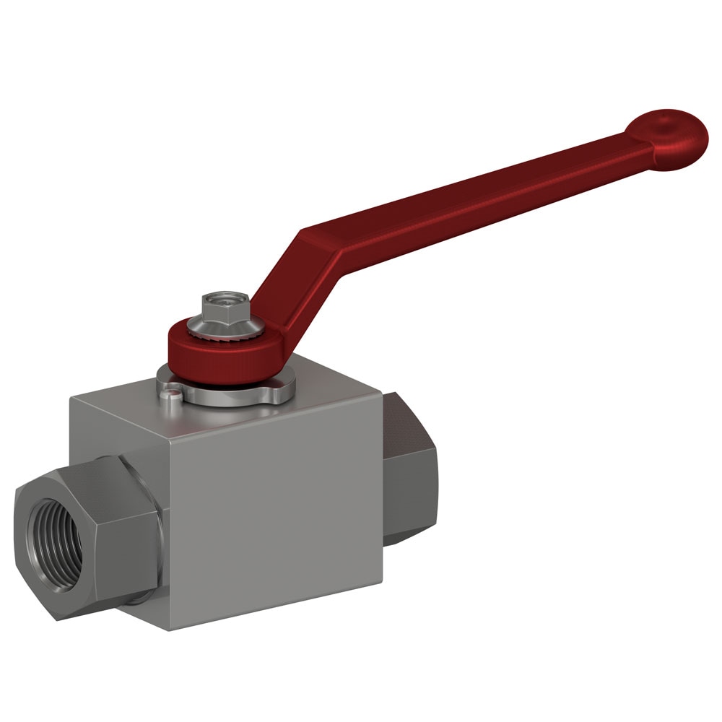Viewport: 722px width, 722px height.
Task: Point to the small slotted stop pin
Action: point(168,394)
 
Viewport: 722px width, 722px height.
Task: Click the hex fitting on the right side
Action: point(409,469)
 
